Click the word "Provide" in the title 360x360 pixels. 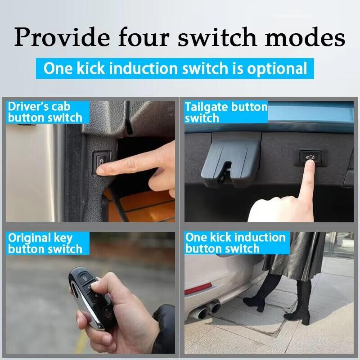pyautogui.click(x=62, y=37)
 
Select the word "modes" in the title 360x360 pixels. pyautogui.click(x=305, y=37)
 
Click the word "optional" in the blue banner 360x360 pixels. pyautogui.click(x=277, y=69)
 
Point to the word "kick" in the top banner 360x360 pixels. pyautogui.click(x=91, y=68)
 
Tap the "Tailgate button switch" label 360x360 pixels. pyautogui.click(x=226, y=112)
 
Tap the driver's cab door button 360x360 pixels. pyautogui.click(x=100, y=162)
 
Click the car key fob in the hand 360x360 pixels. pyautogui.click(x=92, y=298)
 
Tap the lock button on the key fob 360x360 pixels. pyautogui.click(x=85, y=279)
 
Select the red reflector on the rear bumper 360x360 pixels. pyautogui.click(x=198, y=288)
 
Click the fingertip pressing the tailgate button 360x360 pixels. pyautogui.click(x=310, y=163)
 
